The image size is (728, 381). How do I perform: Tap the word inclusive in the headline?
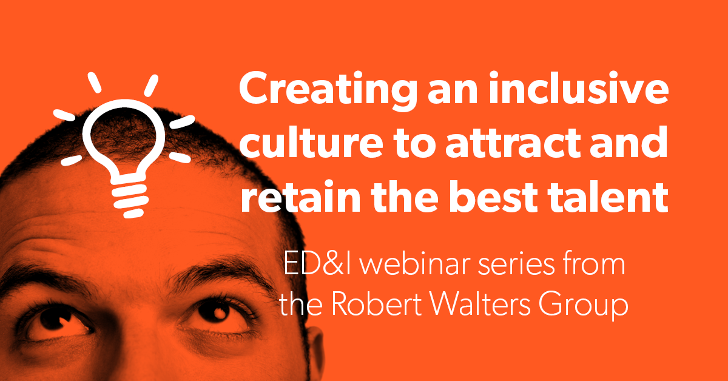point(579,87)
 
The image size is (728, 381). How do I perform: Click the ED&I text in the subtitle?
point(317,265)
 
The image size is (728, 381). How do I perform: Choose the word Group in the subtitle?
point(584,306)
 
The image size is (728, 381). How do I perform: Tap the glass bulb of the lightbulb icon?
point(124,136)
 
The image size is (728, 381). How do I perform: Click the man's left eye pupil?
point(214,311)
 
